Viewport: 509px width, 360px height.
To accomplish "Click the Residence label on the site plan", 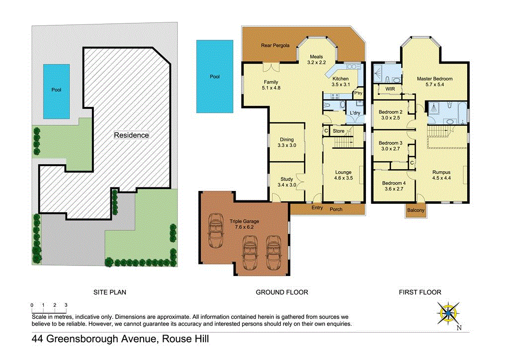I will [x=131, y=135].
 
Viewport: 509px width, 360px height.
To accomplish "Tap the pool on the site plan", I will [x=56, y=91].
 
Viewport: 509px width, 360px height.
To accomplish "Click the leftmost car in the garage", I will [x=217, y=231].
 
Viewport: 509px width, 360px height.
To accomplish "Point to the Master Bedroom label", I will [x=434, y=79].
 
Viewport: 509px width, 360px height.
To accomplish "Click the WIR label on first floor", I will [x=384, y=90].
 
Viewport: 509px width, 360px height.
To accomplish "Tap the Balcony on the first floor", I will [x=416, y=210].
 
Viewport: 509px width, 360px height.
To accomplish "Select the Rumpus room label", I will [x=441, y=173].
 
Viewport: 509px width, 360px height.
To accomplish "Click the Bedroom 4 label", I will [x=394, y=183].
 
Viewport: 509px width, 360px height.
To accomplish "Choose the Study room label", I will [x=286, y=180].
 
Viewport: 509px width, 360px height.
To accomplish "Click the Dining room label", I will [x=286, y=140].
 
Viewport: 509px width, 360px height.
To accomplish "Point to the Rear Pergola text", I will [x=275, y=46].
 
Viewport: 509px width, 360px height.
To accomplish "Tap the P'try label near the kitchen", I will [x=357, y=93].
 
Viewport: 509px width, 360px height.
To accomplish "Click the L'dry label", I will [x=355, y=113].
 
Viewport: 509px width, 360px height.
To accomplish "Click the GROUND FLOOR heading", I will [x=282, y=292].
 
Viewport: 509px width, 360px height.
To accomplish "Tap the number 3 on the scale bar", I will [x=66, y=305].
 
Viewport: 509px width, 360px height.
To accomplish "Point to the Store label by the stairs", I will [x=338, y=131].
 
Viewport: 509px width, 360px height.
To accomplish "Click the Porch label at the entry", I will [x=336, y=209].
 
